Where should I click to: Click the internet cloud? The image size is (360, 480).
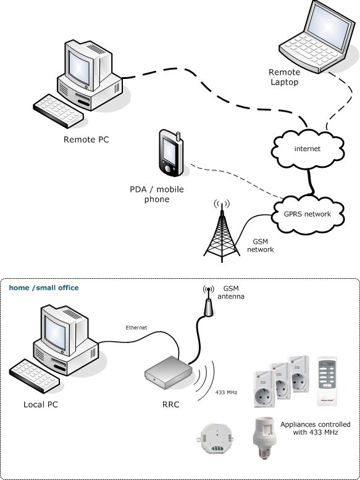click(x=308, y=149)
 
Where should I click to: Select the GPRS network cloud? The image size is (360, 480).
click(x=308, y=214)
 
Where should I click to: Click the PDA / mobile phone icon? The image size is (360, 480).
click(x=171, y=153)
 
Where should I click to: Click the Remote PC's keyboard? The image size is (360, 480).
click(x=58, y=110)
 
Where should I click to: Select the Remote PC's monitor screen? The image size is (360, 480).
click(x=79, y=67)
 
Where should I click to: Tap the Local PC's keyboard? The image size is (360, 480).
click(x=34, y=376)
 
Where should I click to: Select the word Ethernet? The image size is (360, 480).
click(x=136, y=328)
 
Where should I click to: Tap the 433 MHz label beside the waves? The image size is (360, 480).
click(x=226, y=392)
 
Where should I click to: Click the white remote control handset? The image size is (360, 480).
click(x=327, y=381)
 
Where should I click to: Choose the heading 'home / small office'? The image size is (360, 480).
click(x=44, y=288)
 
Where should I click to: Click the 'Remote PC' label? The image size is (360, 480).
click(x=86, y=139)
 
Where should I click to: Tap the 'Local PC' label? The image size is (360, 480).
click(x=41, y=404)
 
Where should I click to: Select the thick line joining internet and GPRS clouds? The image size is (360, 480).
click(x=311, y=182)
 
